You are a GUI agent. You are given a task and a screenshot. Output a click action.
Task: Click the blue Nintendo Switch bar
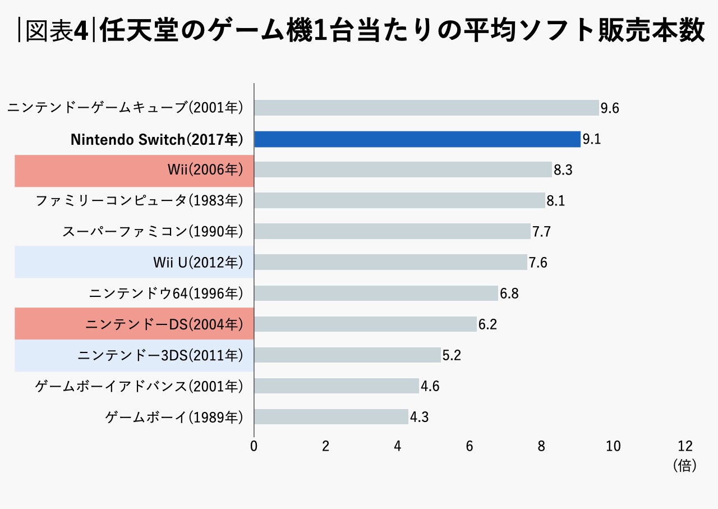tap(417, 139)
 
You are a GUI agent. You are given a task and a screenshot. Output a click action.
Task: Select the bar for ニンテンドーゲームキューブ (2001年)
tap(426, 108)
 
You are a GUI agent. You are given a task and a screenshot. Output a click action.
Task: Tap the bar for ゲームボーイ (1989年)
tap(331, 416)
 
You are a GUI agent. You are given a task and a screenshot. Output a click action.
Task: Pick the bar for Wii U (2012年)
tap(390, 262)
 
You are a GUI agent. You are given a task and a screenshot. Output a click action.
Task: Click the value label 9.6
tap(610, 108)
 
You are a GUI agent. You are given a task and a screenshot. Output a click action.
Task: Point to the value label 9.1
tap(591, 139)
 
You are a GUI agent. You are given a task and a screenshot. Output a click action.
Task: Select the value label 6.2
tap(487, 324)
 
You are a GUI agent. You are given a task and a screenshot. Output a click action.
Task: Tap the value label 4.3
tap(419, 417)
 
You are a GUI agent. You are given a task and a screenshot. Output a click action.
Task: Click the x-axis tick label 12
tap(685, 446)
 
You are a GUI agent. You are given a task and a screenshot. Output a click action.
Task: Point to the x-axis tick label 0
tap(254, 446)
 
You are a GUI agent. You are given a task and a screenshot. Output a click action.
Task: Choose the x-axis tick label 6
tap(470, 446)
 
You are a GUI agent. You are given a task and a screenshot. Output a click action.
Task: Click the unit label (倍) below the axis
tap(684, 465)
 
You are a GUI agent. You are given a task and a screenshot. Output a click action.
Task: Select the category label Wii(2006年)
tap(205, 170)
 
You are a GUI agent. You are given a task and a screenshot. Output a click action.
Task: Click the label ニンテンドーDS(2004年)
tap(164, 324)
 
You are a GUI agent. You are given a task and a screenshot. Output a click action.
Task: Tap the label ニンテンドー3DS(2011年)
tap(160, 355)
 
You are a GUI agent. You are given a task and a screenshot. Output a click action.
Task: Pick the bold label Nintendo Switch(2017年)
tap(157, 140)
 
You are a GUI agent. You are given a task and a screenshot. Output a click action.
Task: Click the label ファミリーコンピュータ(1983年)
tap(139, 200)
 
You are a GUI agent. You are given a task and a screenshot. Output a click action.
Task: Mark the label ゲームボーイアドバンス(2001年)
tap(139, 386)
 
